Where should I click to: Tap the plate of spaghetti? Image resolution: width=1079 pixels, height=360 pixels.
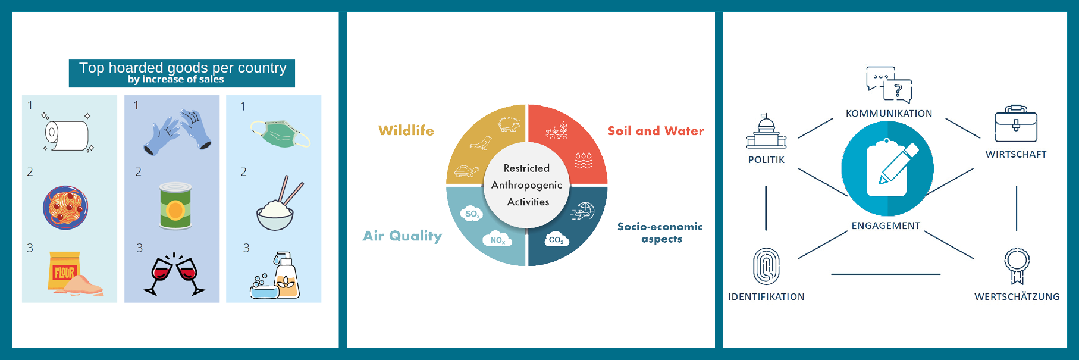(65, 208)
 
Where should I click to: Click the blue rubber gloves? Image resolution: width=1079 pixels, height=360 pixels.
(178, 132)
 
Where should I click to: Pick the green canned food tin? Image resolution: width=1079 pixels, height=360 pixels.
(175, 206)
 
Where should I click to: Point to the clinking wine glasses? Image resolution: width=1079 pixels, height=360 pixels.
(174, 274)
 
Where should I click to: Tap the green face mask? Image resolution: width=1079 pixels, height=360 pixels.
(280, 133)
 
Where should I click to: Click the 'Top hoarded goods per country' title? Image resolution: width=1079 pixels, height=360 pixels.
(183, 68)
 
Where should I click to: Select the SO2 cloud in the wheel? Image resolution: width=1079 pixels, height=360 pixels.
(472, 214)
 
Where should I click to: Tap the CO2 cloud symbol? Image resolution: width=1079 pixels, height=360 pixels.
(557, 239)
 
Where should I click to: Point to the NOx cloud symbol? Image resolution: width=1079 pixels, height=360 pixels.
(498, 239)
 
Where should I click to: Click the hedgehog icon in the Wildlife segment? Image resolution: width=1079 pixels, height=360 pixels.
(509, 124)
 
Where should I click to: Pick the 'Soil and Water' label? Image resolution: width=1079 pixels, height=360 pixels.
(655, 131)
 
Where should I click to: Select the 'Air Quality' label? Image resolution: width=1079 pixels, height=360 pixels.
(403, 236)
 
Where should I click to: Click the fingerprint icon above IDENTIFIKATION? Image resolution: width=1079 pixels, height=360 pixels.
(766, 267)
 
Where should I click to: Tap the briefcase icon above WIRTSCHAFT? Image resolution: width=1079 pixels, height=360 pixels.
(1016, 124)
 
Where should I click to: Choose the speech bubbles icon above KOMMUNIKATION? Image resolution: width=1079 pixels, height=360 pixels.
(889, 84)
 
